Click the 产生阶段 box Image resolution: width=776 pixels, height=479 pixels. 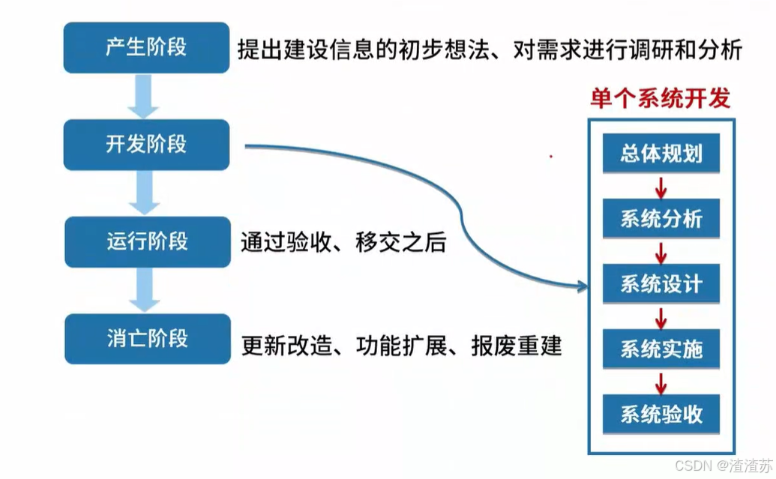tap(146, 47)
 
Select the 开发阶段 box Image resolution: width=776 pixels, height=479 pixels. tap(146, 144)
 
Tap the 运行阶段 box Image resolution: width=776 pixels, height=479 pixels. tap(147, 241)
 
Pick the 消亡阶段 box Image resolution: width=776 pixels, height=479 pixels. tap(147, 339)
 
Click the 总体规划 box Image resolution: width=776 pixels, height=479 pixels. tap(661, 154)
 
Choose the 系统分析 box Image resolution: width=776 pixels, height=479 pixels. tap(661, 219)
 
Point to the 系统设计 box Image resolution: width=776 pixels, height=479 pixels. tap(661, 284)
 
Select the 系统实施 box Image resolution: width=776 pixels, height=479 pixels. tap(661, 349)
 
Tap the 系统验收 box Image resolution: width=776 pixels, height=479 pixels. tap(661, 414)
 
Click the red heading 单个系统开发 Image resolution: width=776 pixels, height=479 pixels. tap(660, 98)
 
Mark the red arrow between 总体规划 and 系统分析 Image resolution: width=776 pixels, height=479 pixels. tap(661, 187)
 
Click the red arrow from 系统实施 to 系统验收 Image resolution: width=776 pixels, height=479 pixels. tap(661, 382)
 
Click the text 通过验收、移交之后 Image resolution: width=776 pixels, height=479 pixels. tap(343, 243)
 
